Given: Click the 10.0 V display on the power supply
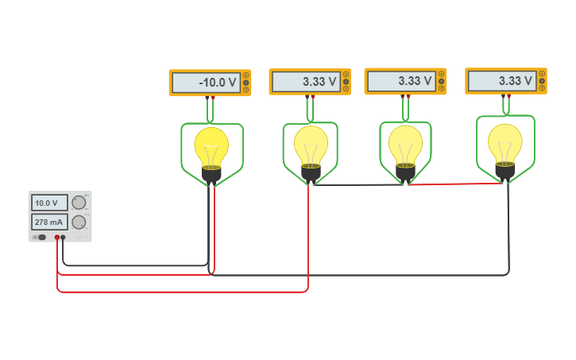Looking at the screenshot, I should tap(49, 203).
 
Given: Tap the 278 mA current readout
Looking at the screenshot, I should tap(49, 222).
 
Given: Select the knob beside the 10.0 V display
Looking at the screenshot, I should tap(79, 203).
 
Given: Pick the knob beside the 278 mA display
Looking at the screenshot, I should tap(79, 223).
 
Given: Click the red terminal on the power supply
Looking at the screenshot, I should tap(57, 237).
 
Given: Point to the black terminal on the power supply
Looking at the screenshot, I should tap(64, 237).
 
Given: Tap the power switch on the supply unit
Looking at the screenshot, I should tap(41, 237).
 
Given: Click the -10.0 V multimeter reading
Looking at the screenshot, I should tap(207, 83).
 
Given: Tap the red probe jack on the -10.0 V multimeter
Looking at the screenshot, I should tap(213, 98).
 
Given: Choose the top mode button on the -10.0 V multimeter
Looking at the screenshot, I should tap(246, 75).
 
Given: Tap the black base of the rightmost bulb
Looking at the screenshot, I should tap(505, 170).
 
